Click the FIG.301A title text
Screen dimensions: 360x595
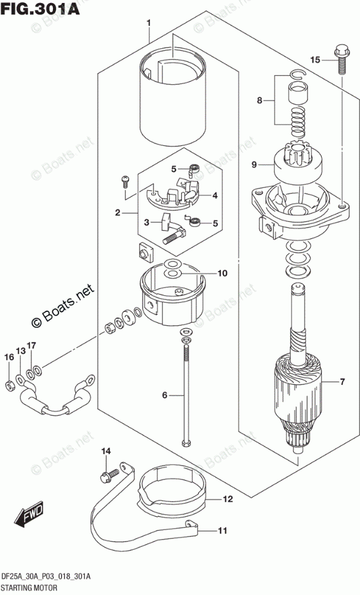(x=40, y=8)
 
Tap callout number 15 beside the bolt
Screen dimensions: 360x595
(x=315, y=60)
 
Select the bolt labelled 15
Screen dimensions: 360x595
(x=340, y=60)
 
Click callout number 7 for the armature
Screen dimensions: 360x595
(x=342, y=382)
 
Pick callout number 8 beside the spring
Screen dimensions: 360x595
(x=259, y=101)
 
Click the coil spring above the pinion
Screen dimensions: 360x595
(x=298, y=122)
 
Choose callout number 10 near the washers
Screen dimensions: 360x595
(x=222, y=273)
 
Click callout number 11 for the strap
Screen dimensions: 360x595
(x=223, y=531)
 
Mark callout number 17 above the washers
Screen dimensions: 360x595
(x=31, y=346)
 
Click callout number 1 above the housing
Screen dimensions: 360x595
(x=149, y=23)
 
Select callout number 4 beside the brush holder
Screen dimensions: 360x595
(x=215, y=196)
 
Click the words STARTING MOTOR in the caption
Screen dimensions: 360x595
(x=29, y=588)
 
